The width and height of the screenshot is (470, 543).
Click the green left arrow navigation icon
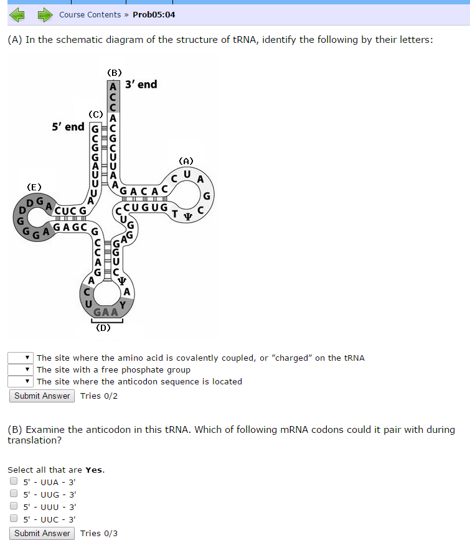coord(17,14)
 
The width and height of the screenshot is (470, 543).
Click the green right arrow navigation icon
coord(44,14)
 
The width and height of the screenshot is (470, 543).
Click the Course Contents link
coord(90,14)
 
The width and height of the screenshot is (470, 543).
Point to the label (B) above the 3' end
coord(115,72)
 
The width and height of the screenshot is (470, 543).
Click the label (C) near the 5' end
coord(95,114)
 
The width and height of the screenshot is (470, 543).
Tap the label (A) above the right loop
coord(186,160)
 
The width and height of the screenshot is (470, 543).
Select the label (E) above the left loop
coord(34,186)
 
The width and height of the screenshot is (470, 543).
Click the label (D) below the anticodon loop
coord(103,328)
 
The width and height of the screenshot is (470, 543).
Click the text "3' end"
coord(141,84)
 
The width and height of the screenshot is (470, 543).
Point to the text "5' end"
coord(68,126)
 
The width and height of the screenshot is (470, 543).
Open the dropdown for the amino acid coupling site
coord(20,358)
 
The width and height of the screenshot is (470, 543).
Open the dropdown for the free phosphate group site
coord(20,369)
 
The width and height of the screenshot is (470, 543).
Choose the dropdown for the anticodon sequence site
coord(20,381)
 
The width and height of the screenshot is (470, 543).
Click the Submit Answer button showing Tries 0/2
coord(42,396)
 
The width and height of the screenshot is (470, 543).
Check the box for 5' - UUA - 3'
coord(14,481)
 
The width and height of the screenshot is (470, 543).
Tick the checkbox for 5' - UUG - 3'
coord(14,494)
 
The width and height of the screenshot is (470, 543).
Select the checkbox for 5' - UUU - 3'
coord(14,506)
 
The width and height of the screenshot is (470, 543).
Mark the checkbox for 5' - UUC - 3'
coord(14,519)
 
